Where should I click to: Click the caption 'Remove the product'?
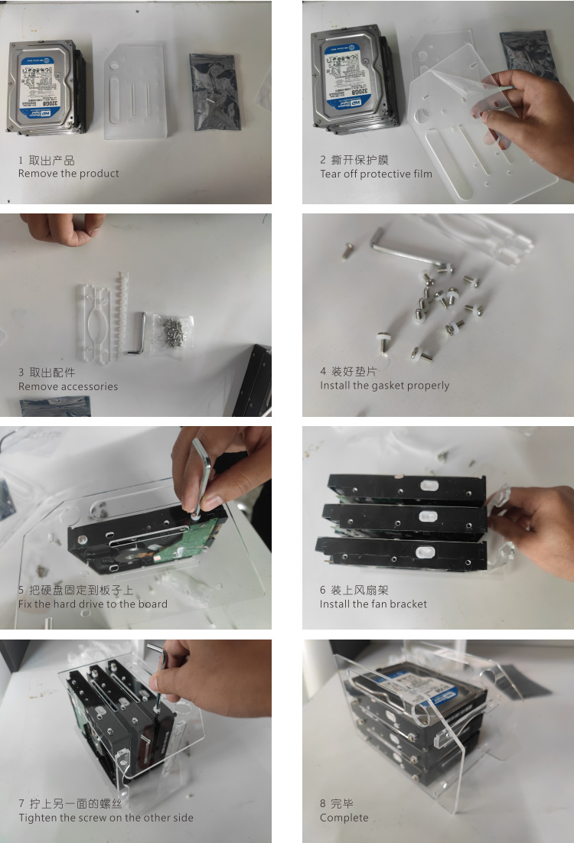point(68,174)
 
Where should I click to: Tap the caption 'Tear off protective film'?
point(376,174)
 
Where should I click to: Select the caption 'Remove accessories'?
point(68,386)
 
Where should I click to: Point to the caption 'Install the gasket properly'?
point(384,386)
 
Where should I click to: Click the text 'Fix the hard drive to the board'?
point(93,604)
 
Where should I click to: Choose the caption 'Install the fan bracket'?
point(373,604)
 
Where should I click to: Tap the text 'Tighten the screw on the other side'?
point(106,818)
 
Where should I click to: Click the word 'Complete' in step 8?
point(344,818)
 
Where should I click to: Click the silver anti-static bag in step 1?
point(215,90)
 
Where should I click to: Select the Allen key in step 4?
point(398,249)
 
